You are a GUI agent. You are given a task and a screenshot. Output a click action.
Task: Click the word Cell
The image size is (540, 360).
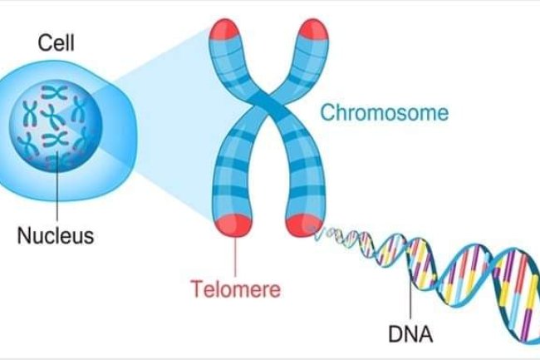click(x=56, y=44)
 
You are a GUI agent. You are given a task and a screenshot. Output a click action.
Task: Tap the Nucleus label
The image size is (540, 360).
click(x=56, y=235)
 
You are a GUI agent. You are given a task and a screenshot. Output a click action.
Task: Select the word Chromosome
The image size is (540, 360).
click(x=385, y=112)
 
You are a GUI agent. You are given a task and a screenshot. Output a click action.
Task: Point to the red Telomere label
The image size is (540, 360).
click(x=236, y=290)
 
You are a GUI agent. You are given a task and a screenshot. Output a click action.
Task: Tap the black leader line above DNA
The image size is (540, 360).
click(x=409, y=299)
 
